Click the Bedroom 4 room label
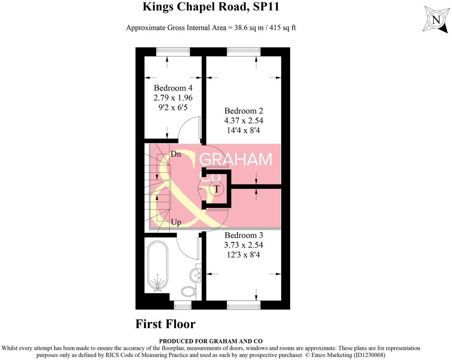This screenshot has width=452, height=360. (x=173, y=88)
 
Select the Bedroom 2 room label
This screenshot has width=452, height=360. (x=244, y=111)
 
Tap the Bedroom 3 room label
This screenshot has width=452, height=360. (x=244, y=235)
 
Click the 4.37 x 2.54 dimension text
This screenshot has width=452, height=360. (x=244, y=120)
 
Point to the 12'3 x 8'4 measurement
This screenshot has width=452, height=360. (x=244, y=254)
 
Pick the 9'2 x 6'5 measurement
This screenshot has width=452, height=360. (x=173, y=108)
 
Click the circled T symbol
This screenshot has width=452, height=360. (x=217, y=189)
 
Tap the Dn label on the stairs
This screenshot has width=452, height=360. (x=176, y=154)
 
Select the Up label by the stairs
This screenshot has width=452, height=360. (x=176, y=222)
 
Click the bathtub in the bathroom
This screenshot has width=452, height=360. (x=157, y=266)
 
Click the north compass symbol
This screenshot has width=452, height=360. (x=436, y=20)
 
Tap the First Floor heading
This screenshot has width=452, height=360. (x=165, y=324)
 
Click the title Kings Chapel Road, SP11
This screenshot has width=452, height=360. (x=211, y=7)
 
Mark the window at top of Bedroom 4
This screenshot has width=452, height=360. (x=173, y=51)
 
